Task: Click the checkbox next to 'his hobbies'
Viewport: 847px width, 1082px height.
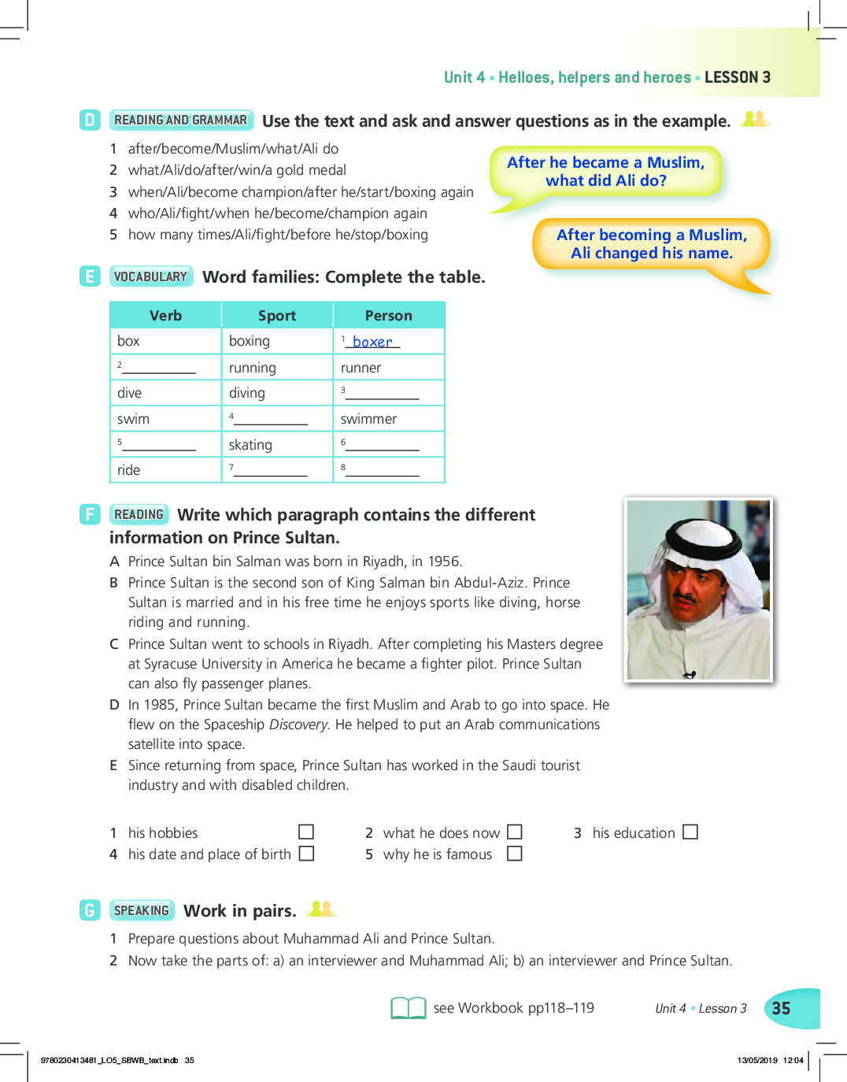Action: point(306,832)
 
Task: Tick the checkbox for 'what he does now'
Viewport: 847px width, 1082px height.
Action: point(515,832)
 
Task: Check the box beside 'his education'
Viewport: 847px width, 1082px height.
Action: point(690,832)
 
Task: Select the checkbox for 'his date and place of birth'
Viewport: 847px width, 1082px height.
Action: point(306,854)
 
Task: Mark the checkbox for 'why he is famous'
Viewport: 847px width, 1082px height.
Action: point(515,854)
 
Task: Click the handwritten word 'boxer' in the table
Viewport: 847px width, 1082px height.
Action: point(372,342)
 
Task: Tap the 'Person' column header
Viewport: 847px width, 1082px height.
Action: point(388,316)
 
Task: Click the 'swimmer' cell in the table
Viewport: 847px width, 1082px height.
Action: point(368,419)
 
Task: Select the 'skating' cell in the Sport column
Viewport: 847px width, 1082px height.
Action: point(250,445)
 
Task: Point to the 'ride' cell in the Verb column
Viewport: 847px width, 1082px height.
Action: point(129,470)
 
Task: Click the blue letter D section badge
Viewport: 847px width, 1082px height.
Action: point(90,120)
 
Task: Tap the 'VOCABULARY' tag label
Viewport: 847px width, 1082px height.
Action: point(150,276)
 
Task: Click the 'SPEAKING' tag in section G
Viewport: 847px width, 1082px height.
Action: point(142,910)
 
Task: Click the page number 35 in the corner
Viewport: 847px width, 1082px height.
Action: point(781,1009)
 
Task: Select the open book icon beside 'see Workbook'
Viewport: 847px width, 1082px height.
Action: point(409,1008)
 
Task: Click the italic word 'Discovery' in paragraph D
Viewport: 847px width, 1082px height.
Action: point(298,724)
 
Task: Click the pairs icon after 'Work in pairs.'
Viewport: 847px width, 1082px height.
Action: point(321,909)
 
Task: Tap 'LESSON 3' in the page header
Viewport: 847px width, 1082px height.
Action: point(738,77)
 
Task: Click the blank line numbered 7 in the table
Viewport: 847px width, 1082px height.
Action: point(270,470)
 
